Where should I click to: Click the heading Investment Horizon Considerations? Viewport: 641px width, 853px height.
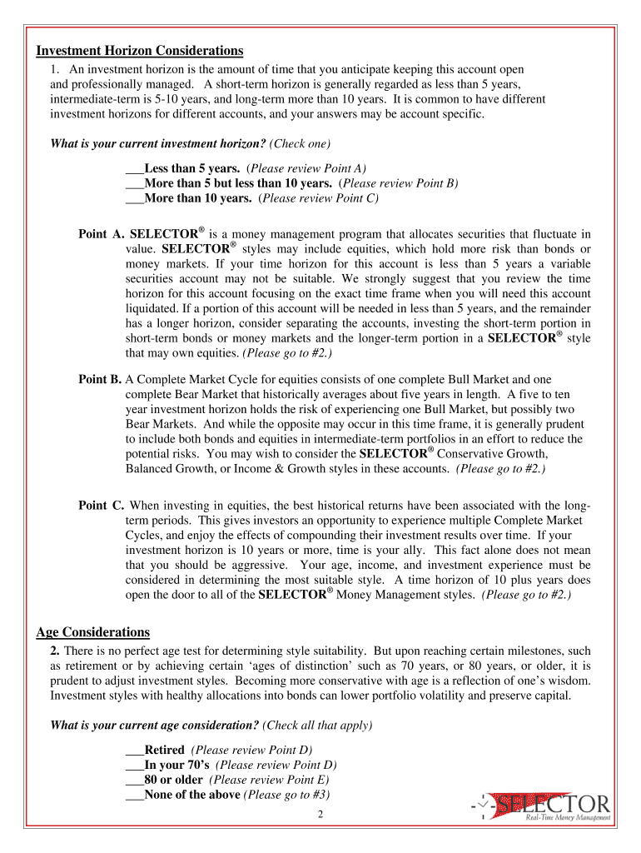tap(139, 52)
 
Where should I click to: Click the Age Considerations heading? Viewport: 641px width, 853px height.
tap(93, 632)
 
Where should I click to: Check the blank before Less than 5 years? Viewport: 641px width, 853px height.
tap(135, 168)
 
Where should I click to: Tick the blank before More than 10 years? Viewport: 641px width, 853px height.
tap(135, 198)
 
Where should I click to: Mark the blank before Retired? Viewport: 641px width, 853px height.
tap(135, 750)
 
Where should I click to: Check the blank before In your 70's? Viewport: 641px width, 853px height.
tap(135, 765)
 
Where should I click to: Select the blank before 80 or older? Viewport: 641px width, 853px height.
tap(135, 780)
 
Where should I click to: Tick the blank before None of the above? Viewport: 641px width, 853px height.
tap(135, 795)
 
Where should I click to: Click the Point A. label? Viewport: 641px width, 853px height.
tap(101, 234)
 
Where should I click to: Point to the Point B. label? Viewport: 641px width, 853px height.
tap(100, 379)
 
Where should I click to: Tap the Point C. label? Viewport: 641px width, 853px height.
tap(101, 506)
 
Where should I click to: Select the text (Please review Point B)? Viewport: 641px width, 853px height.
tap(398, 183)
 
